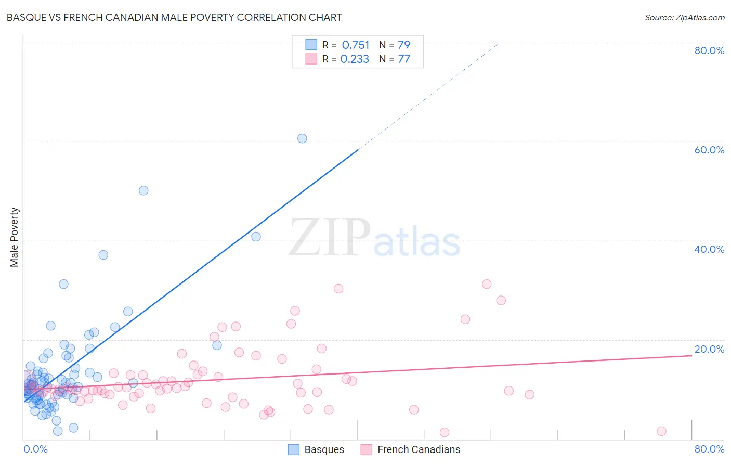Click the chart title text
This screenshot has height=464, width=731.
click(174, 17)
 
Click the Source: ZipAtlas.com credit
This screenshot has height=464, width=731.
click(684, 17)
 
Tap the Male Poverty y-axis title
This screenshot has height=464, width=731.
click(15, 237)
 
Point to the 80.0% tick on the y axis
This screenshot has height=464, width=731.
click(709, 50)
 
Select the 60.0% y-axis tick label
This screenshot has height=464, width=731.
click(709, 150)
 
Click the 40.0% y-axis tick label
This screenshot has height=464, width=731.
click(709, 249)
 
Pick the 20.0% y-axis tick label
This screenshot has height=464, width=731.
click(709, 349)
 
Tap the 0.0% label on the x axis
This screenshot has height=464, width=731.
click(35, 449)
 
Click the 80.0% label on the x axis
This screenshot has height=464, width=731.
click(709, 449)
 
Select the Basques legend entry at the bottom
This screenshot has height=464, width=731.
click(316, 449)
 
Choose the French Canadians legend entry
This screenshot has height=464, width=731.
click(411, 449)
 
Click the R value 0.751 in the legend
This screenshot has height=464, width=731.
click(356, 45)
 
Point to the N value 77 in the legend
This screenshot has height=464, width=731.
click(404, 59)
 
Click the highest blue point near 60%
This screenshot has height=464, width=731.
click(302, 138)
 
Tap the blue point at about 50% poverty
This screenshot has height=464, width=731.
click(143, 190)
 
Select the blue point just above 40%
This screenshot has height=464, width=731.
click(256, 237)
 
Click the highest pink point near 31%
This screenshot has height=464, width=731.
click(487, 284)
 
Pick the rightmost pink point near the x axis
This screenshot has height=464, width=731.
click(661, 431)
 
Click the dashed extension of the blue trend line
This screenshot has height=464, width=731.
click(426, 97)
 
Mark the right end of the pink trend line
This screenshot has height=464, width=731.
click(691, 355)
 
